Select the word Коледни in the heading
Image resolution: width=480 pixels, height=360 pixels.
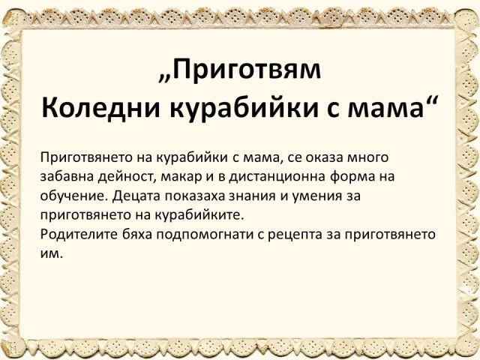[100, 108]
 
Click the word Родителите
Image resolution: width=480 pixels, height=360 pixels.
[79, 234]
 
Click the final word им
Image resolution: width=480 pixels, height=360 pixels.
[52, 254]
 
